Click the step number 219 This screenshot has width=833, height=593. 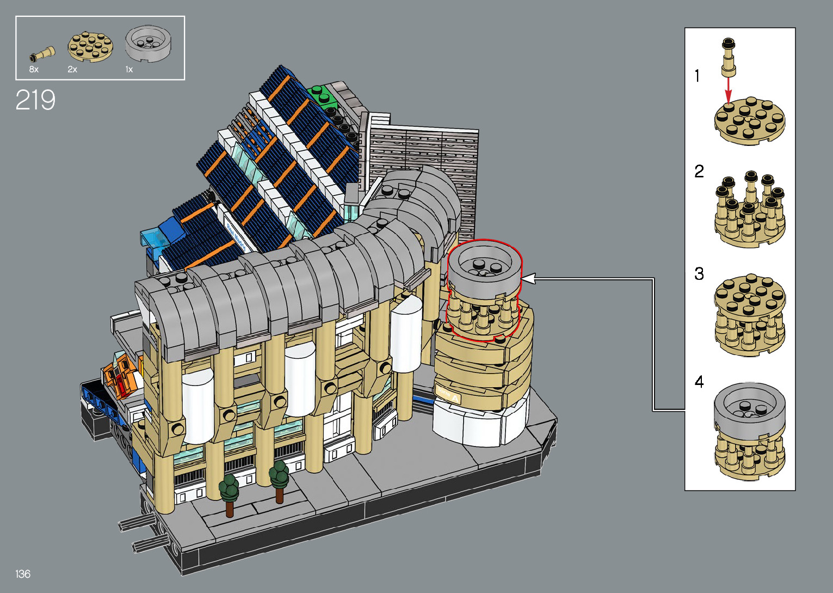tap(35, 100)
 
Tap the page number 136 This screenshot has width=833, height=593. tap(23, 573)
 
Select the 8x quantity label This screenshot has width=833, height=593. tap(34, 69)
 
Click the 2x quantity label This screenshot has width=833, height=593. tap(72, 69)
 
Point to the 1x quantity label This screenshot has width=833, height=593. tap(129, 69)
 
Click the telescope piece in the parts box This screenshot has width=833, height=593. tap(42, 54)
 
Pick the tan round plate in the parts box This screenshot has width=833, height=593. tap(90, 46)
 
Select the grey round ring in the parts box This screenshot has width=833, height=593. tap(148, 43)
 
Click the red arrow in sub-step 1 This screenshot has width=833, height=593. tap(728, 89)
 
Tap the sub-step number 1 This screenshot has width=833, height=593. tap(697, 76)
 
